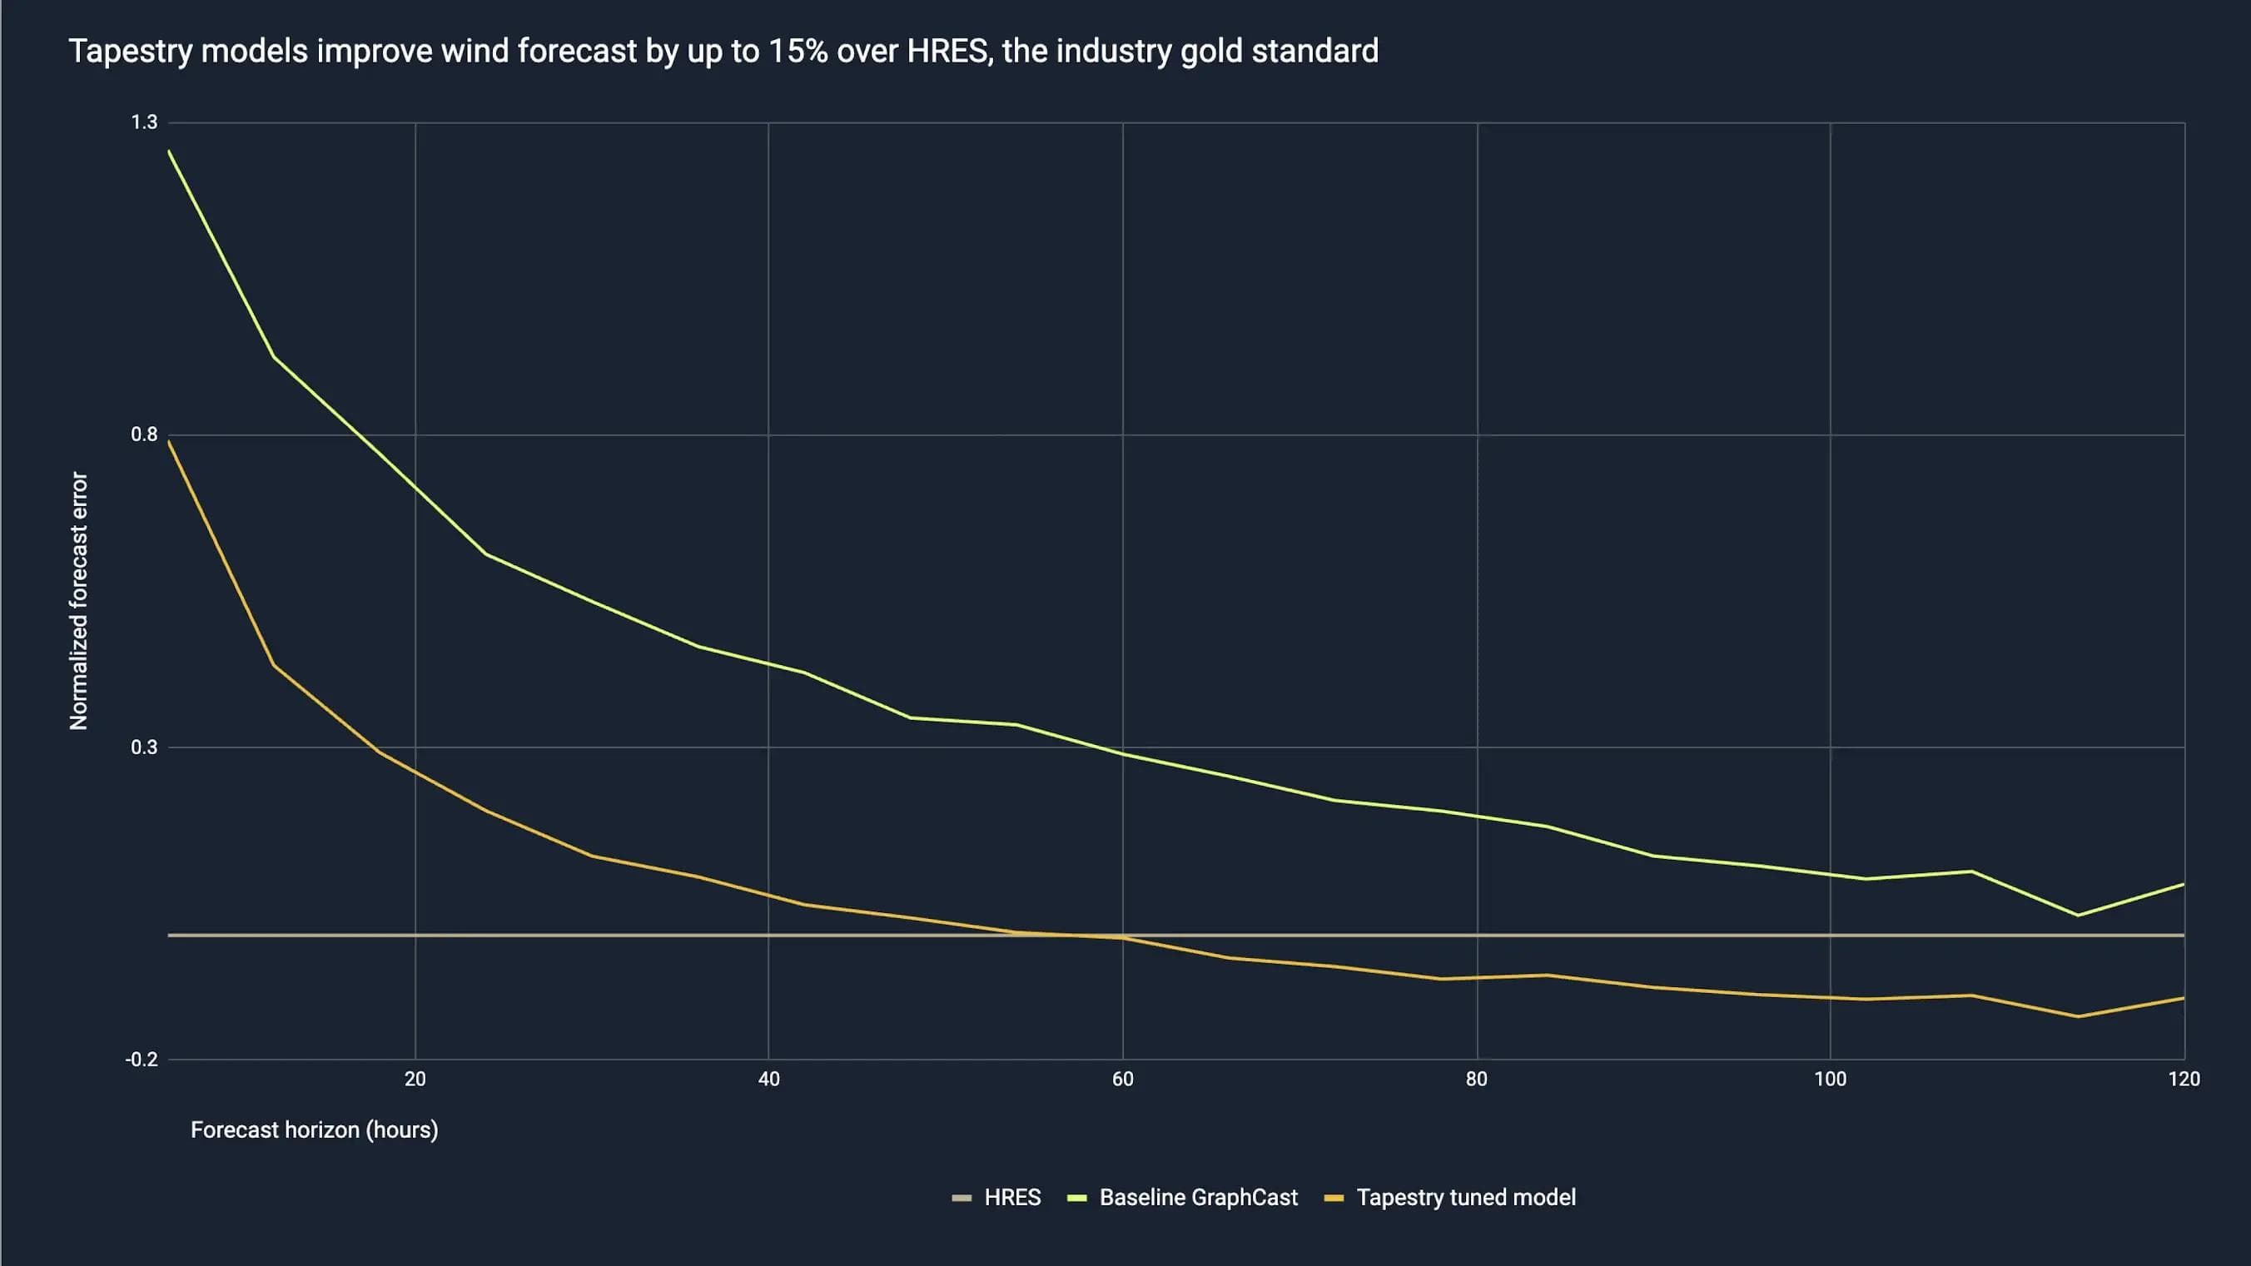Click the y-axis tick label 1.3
click(144, 122)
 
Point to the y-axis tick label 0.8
click(144, 434)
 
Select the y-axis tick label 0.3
click(144, 747)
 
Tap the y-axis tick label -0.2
click(142, 1060)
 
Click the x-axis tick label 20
click(415, 1079)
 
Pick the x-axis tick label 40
click(769, 1079)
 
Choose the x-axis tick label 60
click(1123, 1079)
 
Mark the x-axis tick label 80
click(1477, 1079)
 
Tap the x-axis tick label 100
click(1831, 1079)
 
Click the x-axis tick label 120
click(2184, 1079)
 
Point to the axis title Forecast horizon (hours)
click(315, 1129)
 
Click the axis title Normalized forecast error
click(78, 601)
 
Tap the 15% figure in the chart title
click(798, 51)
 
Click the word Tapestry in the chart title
click(130, 51)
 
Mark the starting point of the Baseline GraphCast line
click(169, 151)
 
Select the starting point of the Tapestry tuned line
click(169, 441)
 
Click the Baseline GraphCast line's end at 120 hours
click(2184, 884)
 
